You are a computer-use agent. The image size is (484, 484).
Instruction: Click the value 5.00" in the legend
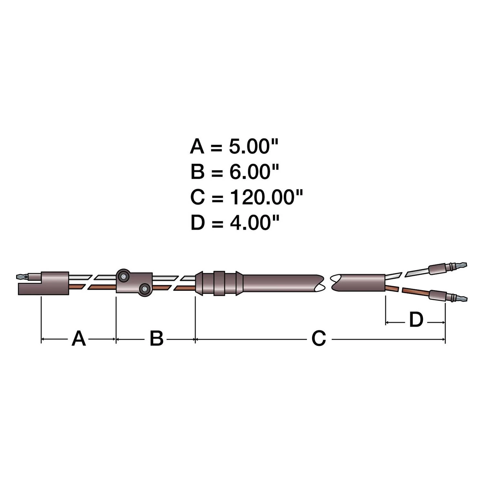pos(253,147)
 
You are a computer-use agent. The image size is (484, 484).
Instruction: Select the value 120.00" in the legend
pos(266,197)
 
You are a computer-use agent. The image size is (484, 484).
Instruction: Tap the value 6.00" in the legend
pos(254,172)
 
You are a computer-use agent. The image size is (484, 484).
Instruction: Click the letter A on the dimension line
pos(79,339)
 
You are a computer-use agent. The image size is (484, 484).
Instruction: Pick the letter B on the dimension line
pos(156,339)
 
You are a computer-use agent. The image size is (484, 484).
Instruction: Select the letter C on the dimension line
pos(318,339)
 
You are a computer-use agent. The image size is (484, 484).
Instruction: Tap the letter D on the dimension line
pos(416,320)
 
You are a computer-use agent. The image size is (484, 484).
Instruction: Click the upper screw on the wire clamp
pos(123,276)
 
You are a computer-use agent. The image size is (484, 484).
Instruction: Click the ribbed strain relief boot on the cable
pos(219,283)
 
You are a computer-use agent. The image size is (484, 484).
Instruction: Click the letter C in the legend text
pos(197,197)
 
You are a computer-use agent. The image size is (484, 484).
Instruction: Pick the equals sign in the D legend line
pos(217,223)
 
